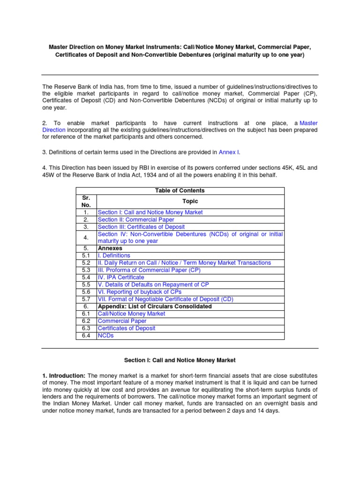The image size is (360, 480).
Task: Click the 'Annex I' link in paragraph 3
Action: click(229, 152)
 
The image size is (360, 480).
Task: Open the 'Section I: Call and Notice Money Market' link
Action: click(150, 212)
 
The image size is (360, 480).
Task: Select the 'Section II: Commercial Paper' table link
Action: click(135, 219)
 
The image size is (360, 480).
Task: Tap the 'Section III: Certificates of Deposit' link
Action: click(141, 227)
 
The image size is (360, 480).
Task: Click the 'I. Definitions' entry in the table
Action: click(114, 255)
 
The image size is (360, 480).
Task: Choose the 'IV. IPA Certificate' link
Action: click(121, 277)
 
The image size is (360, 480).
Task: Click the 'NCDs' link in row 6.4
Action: click(105, 336)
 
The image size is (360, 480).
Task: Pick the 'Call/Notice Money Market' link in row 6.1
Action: click(131, 314)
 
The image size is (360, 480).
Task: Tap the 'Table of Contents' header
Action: click(180, 191)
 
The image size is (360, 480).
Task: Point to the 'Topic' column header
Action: click(190, 201)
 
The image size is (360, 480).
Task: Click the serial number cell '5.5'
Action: click(86, 285)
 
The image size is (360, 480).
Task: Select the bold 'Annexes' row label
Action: click(110, 248)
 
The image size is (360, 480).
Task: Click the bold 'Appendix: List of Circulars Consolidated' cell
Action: click(154, 307)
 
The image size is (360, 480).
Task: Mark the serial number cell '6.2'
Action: click(86, 321)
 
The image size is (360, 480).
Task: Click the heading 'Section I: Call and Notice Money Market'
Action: click(180, 360)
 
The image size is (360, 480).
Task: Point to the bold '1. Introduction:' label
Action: click(64, 376)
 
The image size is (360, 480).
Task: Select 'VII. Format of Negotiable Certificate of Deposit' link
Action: click(165, 299)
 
